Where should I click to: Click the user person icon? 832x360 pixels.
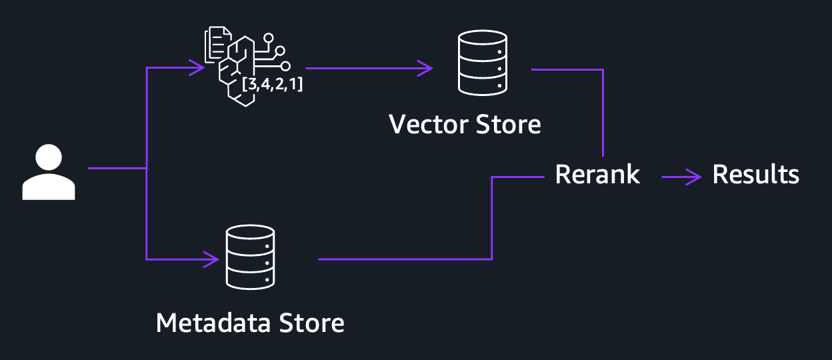click(49, 173)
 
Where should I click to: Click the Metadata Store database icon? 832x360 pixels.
click(250, 256)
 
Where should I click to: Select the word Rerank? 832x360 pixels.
click(597, 175)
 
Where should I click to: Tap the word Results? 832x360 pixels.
click(755, 175)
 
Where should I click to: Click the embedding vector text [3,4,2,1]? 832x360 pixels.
click(273, 85)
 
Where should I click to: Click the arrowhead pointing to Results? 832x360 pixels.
click(695, 177)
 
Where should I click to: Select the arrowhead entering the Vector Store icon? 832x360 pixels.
click(425, 67)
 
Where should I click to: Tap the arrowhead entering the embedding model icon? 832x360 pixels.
click(197, 67)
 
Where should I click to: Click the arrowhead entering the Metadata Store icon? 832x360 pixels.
click(212, 259)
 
